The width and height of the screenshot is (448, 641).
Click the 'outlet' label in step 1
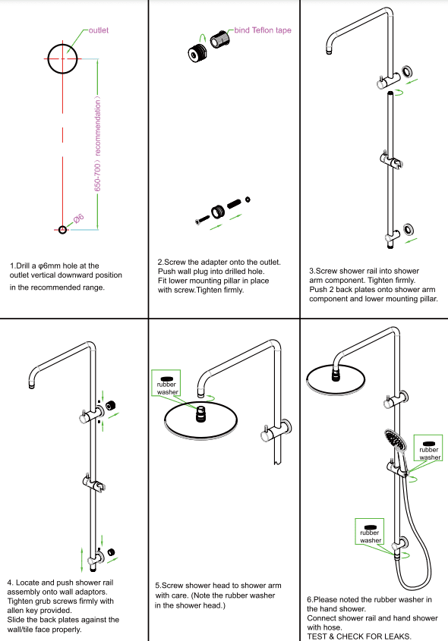(x=99, y=30)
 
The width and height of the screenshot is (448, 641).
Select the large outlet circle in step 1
(x=62, y=58)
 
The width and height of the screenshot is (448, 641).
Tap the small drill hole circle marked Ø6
(x=62, y=228)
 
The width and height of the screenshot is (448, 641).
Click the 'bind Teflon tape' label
(x=263, y=30)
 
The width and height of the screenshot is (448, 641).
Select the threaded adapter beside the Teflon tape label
(x=221, y=39)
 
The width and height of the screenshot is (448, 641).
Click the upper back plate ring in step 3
(x=409, y=72)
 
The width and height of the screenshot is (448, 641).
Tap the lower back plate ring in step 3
(x=409, y=228)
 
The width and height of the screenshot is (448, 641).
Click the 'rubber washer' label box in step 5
(x=166, y=385)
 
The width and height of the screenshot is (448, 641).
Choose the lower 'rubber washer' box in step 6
(x=371, y=532)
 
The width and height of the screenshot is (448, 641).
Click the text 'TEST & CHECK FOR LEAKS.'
(x=359, y=636)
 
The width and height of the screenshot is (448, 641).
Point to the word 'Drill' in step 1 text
(x=27, y=266)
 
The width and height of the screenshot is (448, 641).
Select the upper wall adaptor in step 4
(x=112, y=405)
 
